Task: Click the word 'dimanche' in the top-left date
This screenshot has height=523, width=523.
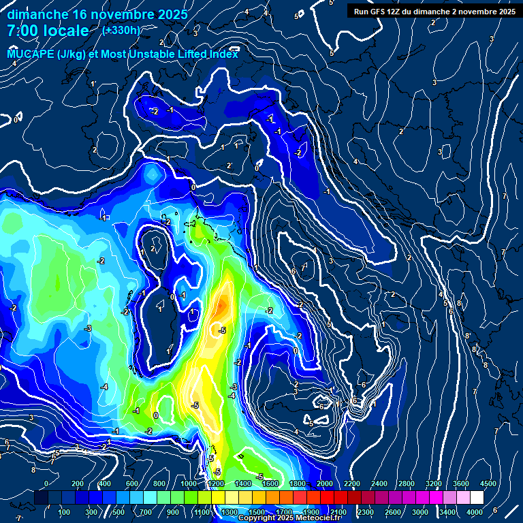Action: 37,14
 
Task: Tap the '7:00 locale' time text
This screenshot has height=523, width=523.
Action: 48,31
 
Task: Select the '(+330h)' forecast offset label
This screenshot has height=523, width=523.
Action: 121,30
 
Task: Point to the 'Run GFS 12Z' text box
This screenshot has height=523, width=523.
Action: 434,11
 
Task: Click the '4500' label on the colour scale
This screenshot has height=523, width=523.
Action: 488,484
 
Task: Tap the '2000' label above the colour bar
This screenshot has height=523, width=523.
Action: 324,484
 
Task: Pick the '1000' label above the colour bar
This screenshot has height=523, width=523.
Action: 189,484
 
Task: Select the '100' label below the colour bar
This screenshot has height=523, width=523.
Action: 65,512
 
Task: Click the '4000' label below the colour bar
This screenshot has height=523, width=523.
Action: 474,512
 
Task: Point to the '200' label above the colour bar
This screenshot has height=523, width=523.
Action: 78,484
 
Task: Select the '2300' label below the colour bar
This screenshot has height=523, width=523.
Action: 365,512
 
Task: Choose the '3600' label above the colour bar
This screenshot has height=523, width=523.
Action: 460,484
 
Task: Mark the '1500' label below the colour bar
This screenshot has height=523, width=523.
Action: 257,512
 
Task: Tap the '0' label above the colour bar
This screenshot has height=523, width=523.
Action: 46,484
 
